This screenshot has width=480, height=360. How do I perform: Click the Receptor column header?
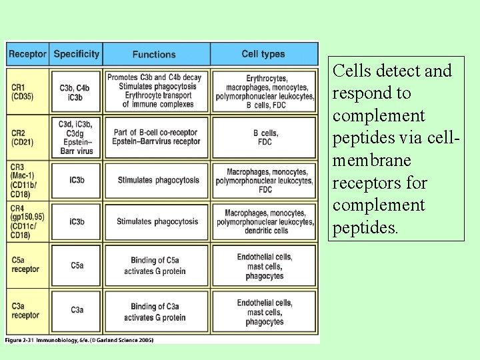pos(27,54)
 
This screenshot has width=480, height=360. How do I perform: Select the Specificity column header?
pos(76,54)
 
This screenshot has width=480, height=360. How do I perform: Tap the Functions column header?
pos(154,54)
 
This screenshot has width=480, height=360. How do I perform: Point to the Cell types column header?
pos(263,54)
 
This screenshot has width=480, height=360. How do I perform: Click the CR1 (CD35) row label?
pos(23,92)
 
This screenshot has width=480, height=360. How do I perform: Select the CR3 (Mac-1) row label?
pos(26,180)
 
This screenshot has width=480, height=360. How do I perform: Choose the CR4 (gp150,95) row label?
pos(27,221)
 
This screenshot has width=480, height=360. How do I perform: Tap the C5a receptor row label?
pos(25,265)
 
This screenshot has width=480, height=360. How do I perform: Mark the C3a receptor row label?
pos(25,311)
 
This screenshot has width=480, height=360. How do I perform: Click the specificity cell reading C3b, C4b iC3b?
pos(74,92)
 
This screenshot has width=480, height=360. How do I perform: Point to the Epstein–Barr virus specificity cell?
pos(75,137)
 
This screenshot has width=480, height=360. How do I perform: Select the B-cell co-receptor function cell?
pos(156,137)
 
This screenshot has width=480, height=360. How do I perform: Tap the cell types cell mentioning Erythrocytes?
pos(265,91)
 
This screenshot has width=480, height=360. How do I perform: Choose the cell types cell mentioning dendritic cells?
pos(265,221)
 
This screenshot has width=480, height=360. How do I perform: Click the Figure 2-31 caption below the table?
pos(80,340)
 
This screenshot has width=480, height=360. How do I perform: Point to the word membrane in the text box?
pos(371,161)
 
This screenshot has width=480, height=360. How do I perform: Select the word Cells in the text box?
pos(351,71)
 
